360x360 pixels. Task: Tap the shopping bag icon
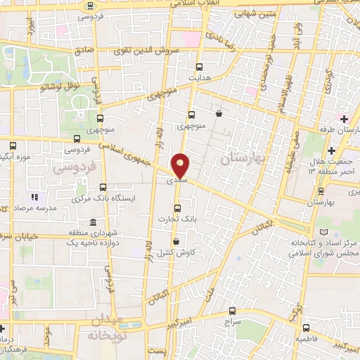click(x=219, y=112)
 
